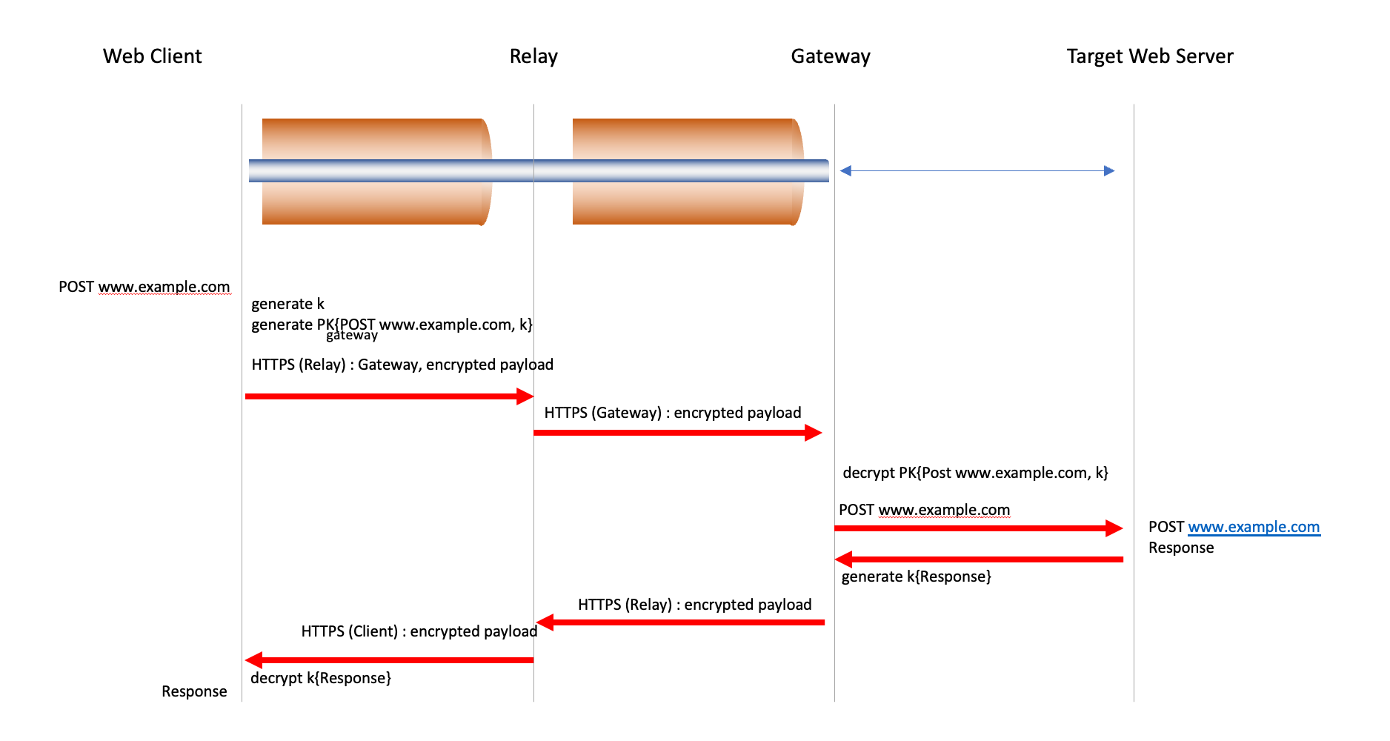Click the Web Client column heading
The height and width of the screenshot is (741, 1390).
(x=152, y=56)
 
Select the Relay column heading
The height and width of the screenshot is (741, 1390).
(x=533, y=56)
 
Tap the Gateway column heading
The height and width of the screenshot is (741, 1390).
(x=831, y=56)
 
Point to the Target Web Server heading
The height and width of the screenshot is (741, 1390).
(x=1150, y=56)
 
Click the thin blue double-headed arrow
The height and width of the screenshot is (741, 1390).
(x=977, y=171)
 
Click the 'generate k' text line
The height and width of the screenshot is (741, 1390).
(x=287, y=304)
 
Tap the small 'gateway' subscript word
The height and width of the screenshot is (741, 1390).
(x=352, y=336)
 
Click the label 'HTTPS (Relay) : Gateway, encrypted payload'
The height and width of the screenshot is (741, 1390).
(x=402, y=365)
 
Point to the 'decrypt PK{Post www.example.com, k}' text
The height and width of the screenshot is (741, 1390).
(x=975, y=473)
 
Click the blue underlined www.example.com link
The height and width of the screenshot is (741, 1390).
(x=1254, y=527)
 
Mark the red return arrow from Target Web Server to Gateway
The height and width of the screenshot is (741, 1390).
(x=978, y=559)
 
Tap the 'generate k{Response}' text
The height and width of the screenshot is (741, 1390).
(x=916, y=576)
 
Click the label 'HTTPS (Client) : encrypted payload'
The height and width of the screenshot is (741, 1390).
(x=419, y=631)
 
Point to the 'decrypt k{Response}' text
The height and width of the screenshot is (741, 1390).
(x=321, y=678)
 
